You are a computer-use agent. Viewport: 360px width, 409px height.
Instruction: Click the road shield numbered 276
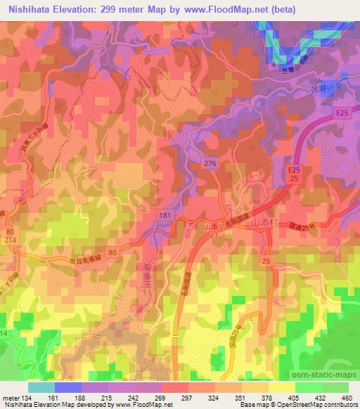click(210, 163)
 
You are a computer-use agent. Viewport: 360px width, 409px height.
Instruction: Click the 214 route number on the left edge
click(10, 240)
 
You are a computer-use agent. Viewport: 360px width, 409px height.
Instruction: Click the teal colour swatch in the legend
click(41, 387)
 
